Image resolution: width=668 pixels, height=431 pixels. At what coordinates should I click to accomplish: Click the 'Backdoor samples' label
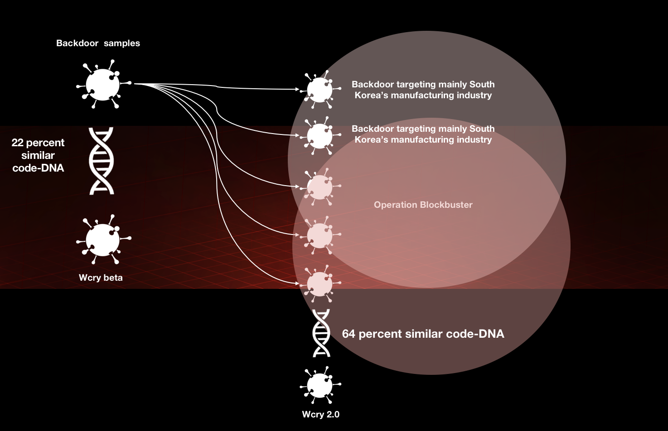click(x=98, y=43)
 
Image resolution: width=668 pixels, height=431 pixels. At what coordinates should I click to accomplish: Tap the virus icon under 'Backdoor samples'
click(x=103, y=85)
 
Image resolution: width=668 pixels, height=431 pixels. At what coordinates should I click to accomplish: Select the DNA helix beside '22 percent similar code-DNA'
click(x=101, y=161)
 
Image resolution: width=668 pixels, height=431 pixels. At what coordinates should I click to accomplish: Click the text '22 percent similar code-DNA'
click(x=38, y=155)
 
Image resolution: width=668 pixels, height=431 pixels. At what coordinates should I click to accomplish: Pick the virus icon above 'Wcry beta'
click(x=103, y=240)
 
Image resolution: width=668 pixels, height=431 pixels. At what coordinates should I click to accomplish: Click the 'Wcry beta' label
click(x=101, y=278)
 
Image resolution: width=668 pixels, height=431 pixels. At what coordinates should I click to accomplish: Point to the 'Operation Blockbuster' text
click(x=423, y=205)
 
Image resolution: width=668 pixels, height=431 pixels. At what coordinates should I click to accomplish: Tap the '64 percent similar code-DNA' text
click(x=423, y=334)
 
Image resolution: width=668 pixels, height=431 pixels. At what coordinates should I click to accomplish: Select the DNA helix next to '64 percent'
click(x=321, y=333)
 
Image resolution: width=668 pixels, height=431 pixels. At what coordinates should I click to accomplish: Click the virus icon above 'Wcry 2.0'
click(x=320, y=385)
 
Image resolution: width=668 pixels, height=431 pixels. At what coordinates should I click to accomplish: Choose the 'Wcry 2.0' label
click(x=320, y=414)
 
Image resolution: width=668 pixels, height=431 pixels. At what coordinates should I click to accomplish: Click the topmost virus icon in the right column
click(x=320, y=89)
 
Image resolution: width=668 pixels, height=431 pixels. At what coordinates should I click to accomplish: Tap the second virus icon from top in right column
click(x=320, y=135)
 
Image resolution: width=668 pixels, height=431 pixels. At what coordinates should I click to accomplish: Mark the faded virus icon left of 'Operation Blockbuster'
click(x=320, y=187)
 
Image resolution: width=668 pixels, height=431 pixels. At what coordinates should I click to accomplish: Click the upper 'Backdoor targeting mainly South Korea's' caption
click(x=423, y=90)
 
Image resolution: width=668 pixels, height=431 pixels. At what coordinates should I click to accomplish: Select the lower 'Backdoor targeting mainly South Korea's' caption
click(x=423, y=134)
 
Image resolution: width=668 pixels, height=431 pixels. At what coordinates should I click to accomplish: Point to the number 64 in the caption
click(x=349, y=334)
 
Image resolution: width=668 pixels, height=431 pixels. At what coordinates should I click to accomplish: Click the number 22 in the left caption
click(x=17, y=143)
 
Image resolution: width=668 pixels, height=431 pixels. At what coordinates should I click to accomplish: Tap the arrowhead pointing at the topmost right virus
click(x=297, y=89)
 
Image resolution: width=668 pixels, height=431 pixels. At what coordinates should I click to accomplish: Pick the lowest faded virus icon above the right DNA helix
click(x=320, y=284)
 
